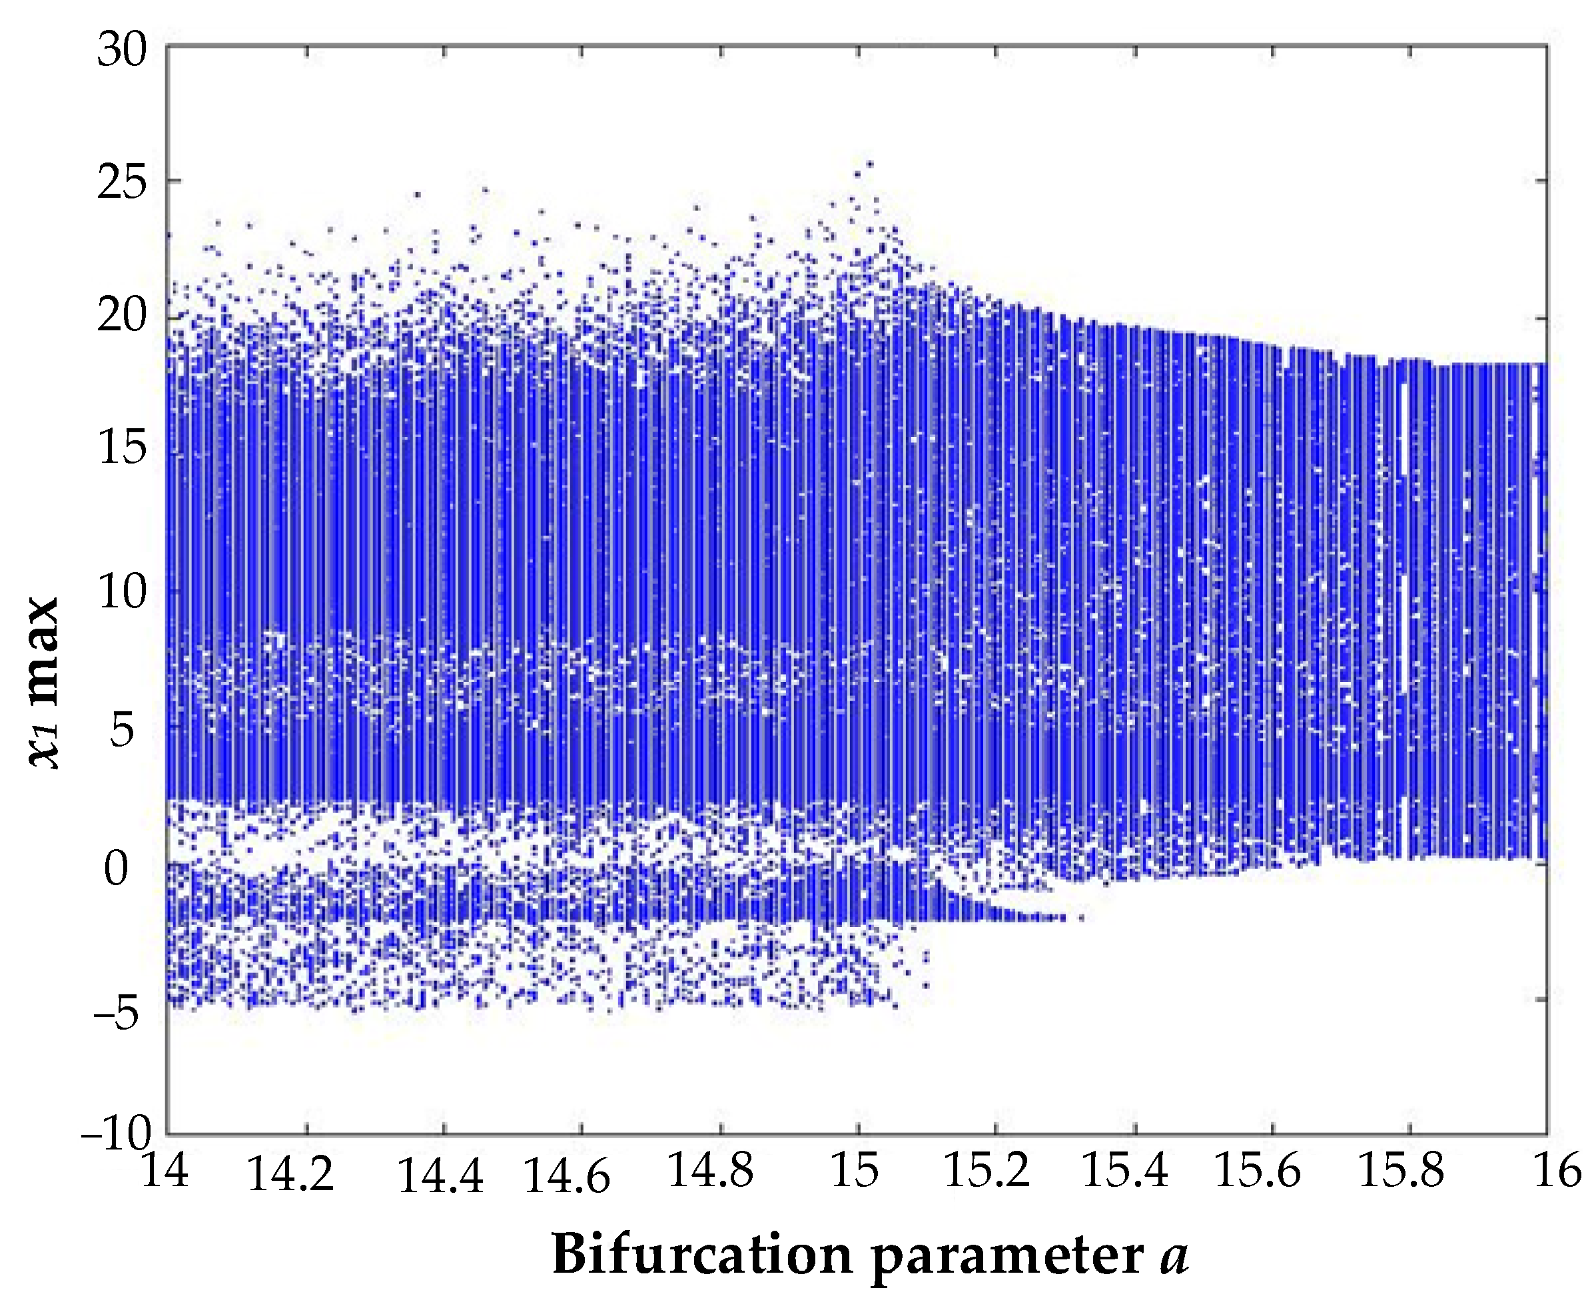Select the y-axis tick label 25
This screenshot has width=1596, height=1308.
[121, 183]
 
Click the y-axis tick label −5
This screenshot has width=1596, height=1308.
[117, 1012]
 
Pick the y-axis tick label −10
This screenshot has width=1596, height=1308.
[117, 1131]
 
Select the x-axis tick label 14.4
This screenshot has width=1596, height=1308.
[440, 1175]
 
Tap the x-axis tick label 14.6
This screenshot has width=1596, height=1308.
[567, 1175]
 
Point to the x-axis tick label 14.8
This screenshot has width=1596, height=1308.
[710, 1170]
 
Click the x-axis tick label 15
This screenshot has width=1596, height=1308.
[855, 1170]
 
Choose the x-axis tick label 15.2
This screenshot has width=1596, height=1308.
[987, 1170]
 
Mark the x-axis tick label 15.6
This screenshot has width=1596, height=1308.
[1258, 1170]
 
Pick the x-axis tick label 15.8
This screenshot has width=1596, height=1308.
[1401, 1170]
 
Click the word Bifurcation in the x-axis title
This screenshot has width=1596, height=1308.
[701, 1254]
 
